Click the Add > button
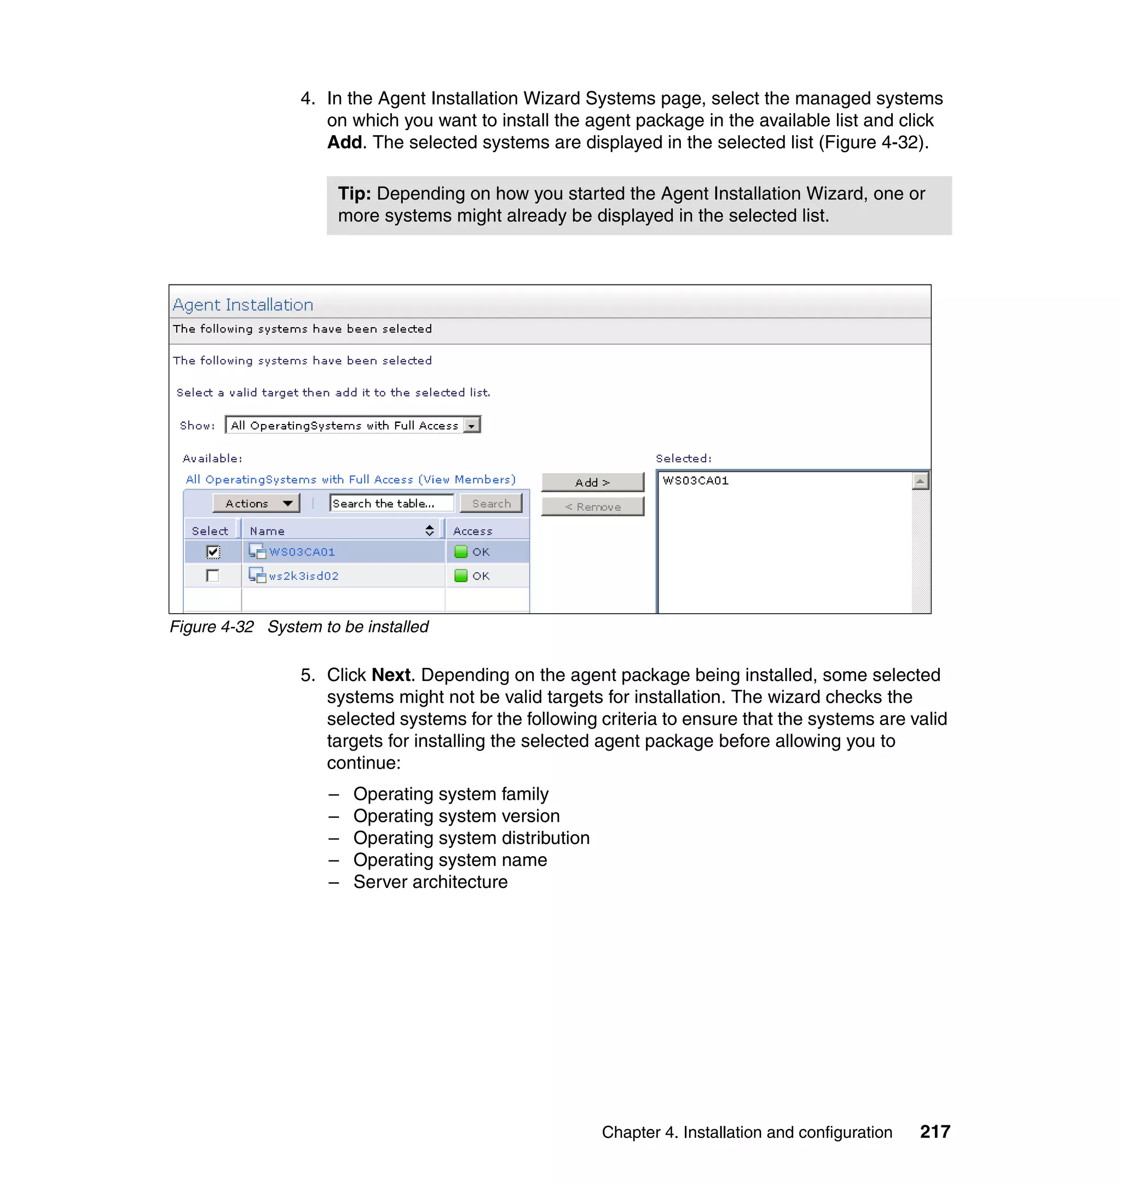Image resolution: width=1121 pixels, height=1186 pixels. tap(592, 482)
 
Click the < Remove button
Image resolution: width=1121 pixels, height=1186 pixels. tap(592, 507)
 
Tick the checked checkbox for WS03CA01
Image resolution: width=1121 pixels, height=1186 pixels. tap(213, 552)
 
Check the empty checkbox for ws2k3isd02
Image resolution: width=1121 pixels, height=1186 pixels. tap(213, 575)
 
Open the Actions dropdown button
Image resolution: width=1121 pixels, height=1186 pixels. tap(256, 503)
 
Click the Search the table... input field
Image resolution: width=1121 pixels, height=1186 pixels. tap(391, 503)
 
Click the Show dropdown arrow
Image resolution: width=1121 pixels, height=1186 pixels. tap(472, 425)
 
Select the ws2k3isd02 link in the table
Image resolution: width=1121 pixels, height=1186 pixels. tap(304, 575)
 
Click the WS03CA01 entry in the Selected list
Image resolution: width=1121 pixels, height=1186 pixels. tap(696, 481)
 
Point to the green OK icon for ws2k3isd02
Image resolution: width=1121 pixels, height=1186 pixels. tap(461, 575)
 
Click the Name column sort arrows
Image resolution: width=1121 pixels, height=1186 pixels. tap(429, 530)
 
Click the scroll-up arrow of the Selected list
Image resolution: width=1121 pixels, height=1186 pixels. tap(920, 481)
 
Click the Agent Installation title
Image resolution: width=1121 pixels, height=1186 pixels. tap(243, 305)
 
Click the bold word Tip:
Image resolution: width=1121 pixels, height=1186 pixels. tap(354, 194)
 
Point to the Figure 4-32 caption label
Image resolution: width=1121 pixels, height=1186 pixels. tap(211, 626)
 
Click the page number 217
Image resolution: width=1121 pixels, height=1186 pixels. tap(934, 1132)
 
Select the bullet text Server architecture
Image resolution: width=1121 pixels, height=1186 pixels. tap(430, 881)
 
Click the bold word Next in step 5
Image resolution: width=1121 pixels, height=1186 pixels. tap(391, 675)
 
